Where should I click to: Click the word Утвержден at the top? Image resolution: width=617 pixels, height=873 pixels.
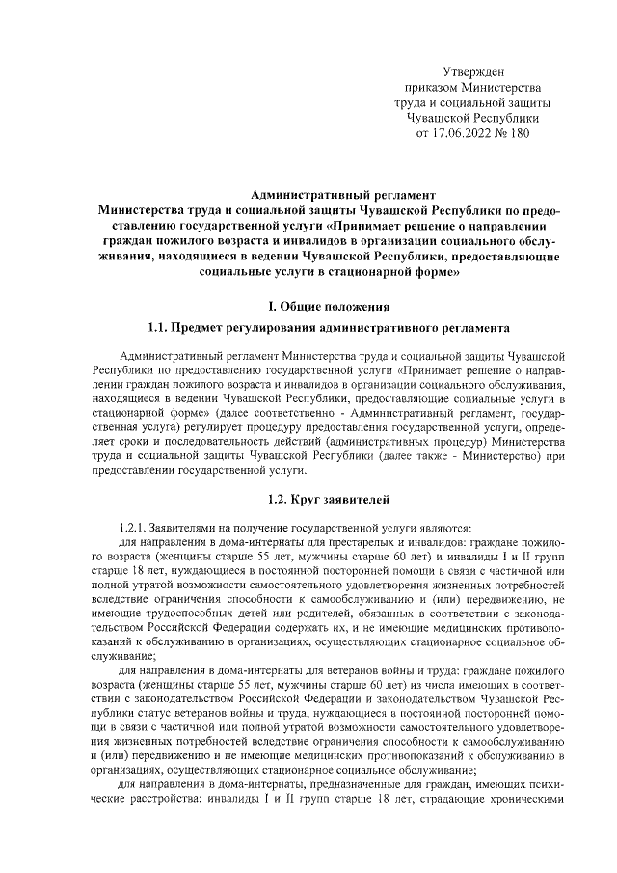tap(471, 72)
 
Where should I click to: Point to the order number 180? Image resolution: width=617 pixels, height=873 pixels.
tap(519, 134)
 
